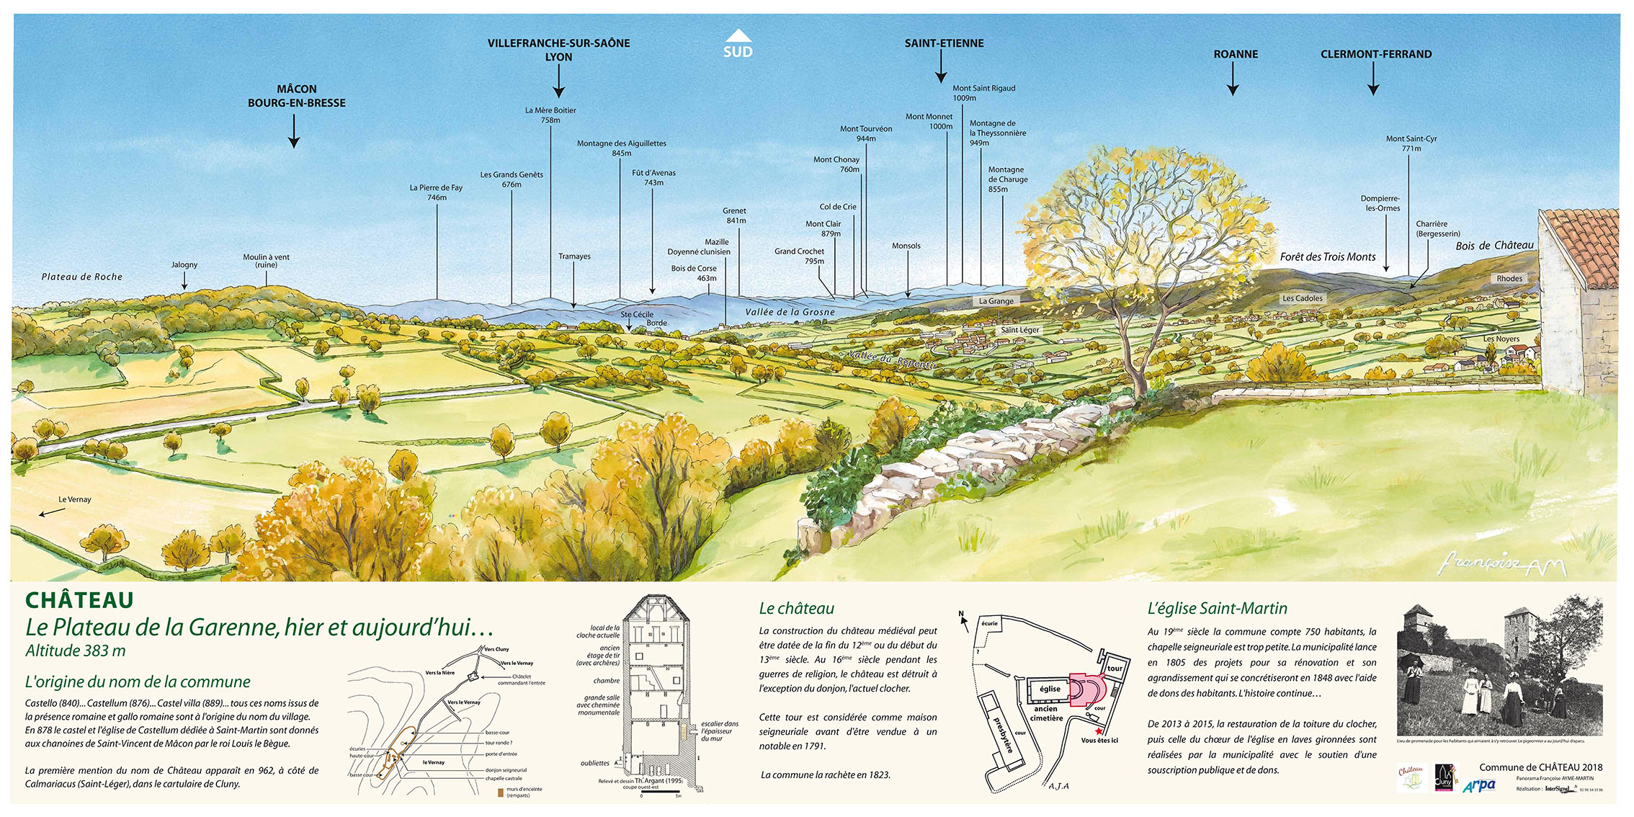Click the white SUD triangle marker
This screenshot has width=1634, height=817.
738,36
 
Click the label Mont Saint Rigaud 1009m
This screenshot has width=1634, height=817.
983,93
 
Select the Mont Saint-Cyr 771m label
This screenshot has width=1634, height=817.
1411,143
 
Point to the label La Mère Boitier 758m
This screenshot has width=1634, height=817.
550,115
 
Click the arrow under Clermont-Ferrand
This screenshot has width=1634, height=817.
1373,79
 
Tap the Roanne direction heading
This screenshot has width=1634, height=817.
1236,54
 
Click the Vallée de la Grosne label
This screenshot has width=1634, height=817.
790,312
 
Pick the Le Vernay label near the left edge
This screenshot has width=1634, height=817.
75,499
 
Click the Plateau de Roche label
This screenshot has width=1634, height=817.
82,277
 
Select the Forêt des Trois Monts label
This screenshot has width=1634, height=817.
1328,256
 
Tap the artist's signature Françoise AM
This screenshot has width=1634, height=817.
1501,564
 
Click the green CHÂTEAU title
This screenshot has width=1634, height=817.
79,600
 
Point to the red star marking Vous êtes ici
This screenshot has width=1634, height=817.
1099,731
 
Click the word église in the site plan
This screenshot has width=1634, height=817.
1050,689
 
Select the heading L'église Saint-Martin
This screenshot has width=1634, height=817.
1217,609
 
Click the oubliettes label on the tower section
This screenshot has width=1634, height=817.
595,763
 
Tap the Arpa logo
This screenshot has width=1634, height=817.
1479,785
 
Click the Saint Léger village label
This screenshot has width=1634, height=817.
1019,330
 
